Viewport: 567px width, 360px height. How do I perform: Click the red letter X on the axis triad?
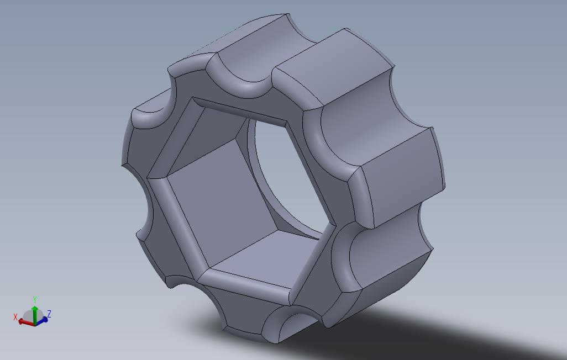tap(15, 317)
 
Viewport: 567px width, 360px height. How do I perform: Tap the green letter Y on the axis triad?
tap(34, 299)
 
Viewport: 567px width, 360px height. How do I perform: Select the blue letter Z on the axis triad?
tap(49, 314)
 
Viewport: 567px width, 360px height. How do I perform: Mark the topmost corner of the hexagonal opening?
tap(193, 98)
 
